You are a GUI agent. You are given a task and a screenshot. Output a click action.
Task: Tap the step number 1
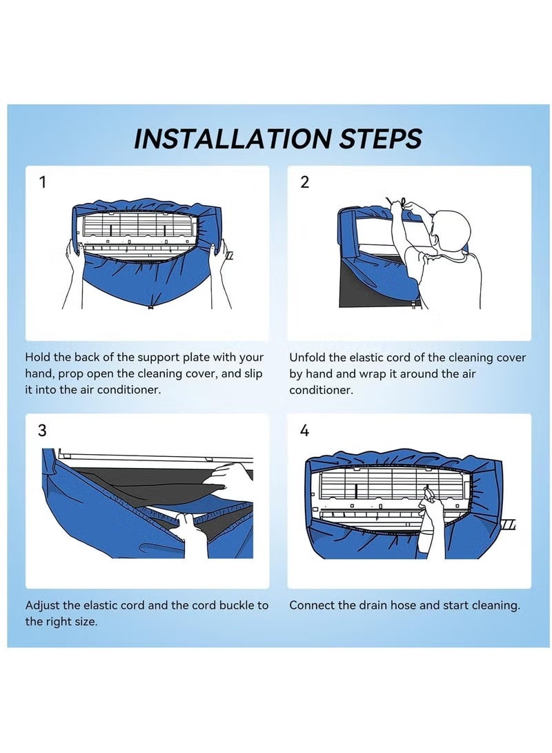click(43, 183)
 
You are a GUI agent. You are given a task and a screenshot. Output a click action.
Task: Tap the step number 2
click(304, 183)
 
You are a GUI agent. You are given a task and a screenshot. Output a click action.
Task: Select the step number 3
click(43, 431)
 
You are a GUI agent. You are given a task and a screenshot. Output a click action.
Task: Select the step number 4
click(304, 431)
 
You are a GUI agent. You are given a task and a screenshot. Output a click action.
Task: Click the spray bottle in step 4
click(428, 493)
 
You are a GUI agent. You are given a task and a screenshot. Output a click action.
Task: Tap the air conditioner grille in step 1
click(141, 225)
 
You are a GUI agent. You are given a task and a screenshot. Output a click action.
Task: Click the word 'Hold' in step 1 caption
click(39, 358)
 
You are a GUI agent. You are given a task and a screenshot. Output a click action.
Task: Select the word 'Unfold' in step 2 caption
click(308, 358)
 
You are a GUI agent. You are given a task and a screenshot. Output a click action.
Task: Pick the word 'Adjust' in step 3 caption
click(43, 605)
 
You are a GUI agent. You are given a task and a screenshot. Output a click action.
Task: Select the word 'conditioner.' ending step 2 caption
click(321, 390)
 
